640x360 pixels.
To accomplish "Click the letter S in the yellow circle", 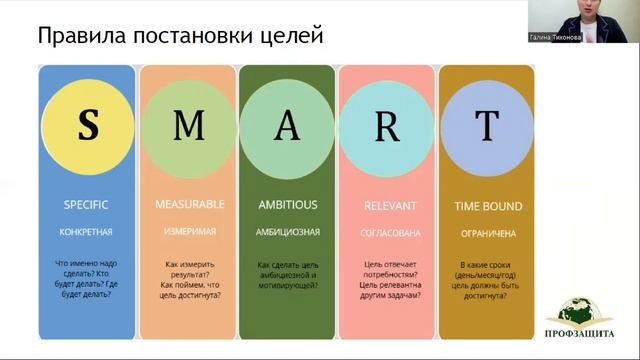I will pos(88,126).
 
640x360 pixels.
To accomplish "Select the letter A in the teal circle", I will pos(287,126).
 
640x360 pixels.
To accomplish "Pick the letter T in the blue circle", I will pos(487,126).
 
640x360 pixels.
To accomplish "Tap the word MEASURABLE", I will pos(189,204).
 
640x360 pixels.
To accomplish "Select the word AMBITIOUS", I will pos(287,204).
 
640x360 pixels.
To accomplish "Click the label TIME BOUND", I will pos(488,206).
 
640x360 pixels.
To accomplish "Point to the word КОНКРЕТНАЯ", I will pos(85,232).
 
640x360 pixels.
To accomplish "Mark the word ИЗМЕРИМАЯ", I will pos(188,231).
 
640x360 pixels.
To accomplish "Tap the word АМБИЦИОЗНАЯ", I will pos(287,231).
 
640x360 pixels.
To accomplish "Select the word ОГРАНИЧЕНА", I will pos(488,232).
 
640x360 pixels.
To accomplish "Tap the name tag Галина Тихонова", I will pos(555,37).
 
